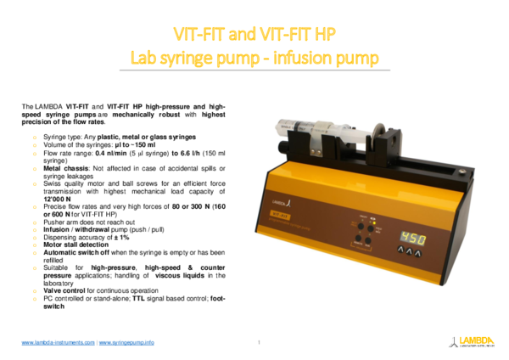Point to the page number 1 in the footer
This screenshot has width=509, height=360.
click(x=258, y=342)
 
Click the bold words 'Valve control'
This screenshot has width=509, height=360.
click(x=65, y=290)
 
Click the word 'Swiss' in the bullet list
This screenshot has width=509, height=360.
click(x=53, y=182)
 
